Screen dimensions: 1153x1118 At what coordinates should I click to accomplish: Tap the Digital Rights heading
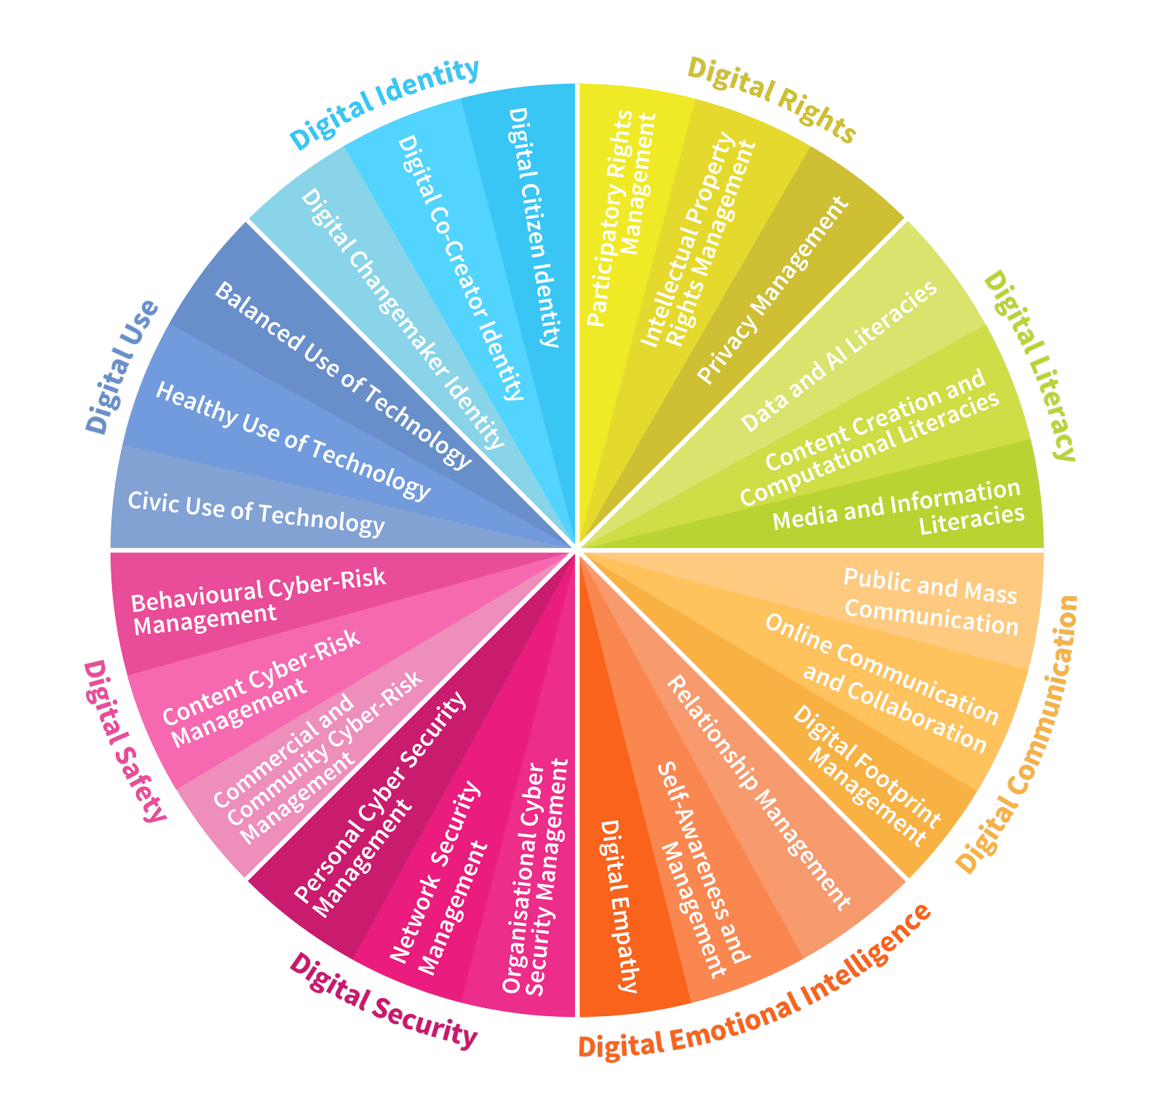point(771,100)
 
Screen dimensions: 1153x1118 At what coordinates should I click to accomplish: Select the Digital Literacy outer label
point(1029,365)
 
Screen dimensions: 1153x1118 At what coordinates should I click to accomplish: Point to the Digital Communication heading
point(1017,734)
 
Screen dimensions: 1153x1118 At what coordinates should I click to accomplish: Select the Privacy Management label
point(773,290)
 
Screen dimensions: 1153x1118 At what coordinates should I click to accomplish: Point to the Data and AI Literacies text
point(839,357)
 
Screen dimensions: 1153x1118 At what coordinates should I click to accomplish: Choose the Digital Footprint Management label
point(867,776)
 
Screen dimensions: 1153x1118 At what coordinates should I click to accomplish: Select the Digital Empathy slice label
point(619,906)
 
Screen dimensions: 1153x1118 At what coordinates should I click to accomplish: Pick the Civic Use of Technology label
point(255,514)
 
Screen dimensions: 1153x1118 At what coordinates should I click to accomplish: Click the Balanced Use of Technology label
point(343,376)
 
